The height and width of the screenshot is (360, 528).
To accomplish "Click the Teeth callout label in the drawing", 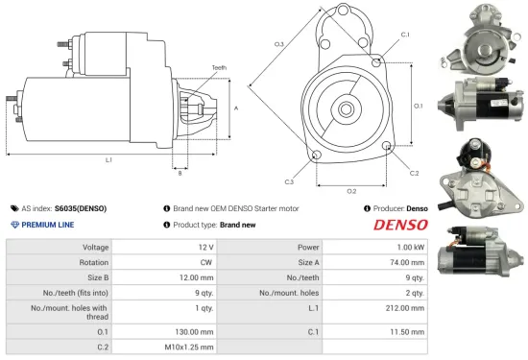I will [x=219, y=67].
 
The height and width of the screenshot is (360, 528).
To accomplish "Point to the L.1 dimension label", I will [x=108, y=159].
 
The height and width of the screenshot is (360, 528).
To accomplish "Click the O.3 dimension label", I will [x=278, y=44].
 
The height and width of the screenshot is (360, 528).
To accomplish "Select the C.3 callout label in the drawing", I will [x=288, y=180].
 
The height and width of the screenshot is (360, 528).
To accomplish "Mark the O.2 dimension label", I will [x=351, y=190].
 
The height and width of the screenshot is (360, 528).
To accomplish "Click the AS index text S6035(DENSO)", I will [x=81, y=207].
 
